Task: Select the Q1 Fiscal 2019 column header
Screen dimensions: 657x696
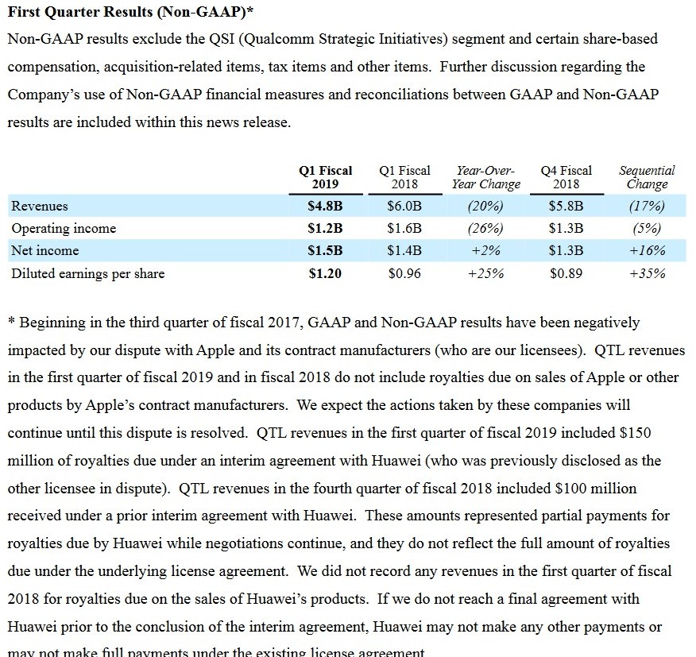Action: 325,177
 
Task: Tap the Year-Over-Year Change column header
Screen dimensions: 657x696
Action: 485,177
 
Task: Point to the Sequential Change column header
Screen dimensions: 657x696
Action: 647,177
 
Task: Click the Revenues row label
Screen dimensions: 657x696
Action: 40,207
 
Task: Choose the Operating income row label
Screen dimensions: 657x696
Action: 64,229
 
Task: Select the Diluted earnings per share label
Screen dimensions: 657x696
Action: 88,274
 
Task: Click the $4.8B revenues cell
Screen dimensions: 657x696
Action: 325,207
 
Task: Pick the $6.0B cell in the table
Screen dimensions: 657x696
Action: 404,207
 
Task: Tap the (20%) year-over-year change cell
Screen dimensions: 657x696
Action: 485,207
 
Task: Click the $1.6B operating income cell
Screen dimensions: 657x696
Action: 404,229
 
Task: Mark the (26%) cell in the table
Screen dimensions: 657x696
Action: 485,229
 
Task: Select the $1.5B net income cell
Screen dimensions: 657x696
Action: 325,251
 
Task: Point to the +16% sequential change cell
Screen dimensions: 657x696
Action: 647,251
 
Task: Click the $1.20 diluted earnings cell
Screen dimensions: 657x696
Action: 325,274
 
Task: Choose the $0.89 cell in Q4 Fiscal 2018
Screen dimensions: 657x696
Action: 566,274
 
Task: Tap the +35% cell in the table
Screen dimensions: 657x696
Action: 647,274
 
